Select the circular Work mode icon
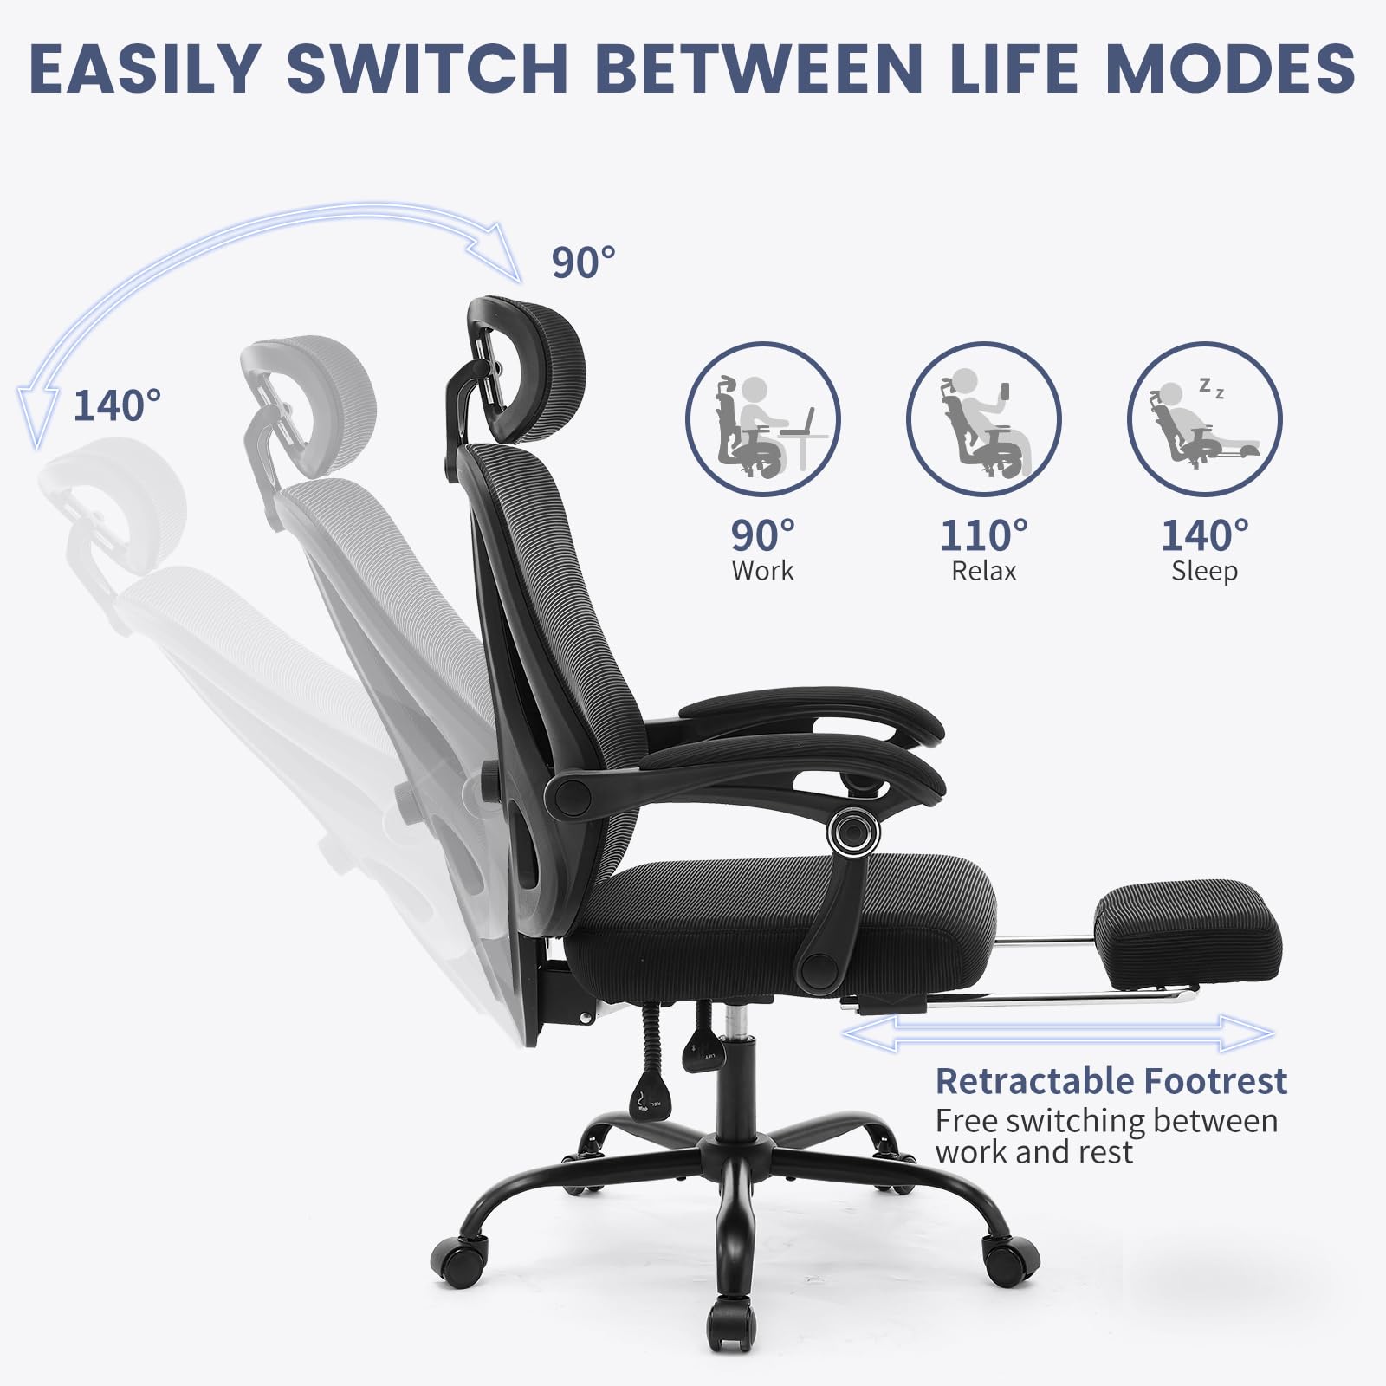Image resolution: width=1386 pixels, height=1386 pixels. (x=762, y=419)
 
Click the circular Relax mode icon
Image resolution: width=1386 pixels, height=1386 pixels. (x=983, y=419)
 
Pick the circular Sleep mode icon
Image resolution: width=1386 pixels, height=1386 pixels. (x=1204, y=419)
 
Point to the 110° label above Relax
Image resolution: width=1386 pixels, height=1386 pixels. (x=984, y=535)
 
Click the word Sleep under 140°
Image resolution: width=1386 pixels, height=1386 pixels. (x=1204, y=572)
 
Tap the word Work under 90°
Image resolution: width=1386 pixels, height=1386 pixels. (x=762, y=572)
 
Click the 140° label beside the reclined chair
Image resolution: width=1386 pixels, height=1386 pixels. (x=117, y=405)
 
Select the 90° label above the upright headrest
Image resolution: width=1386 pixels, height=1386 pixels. (x=584, y=262)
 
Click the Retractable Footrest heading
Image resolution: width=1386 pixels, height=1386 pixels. (x=1111, y=1081)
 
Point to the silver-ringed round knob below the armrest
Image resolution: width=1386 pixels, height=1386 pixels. (x=852, y=833)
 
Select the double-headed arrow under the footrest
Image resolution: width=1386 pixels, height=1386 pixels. (x=1057, y=1033)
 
